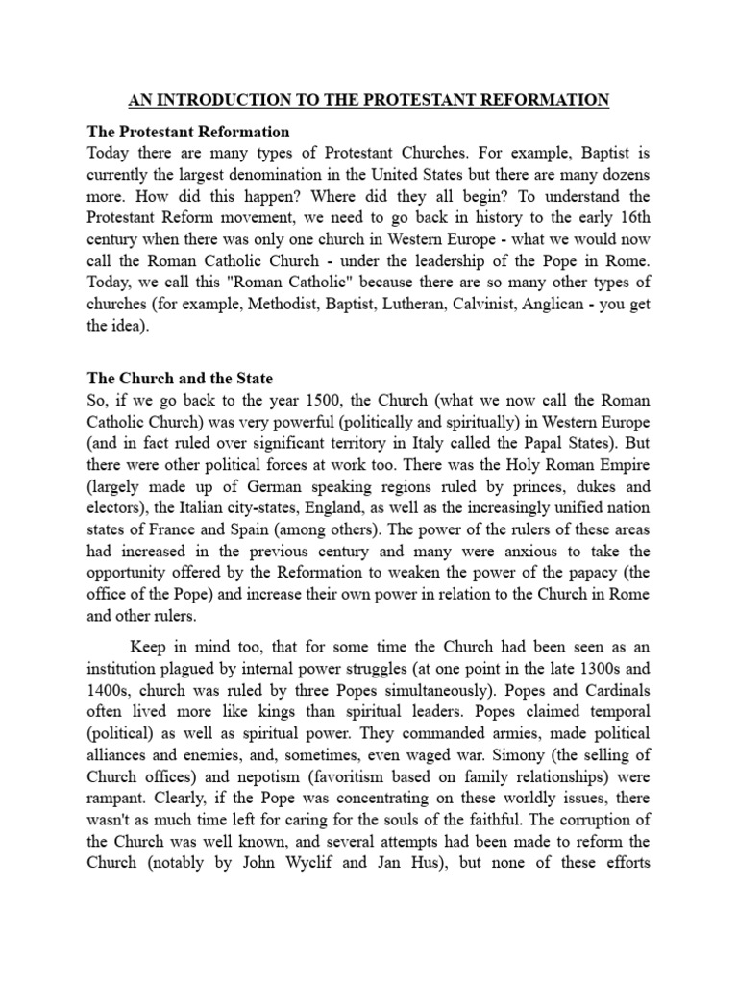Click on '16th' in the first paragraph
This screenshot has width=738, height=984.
[x=630, y=226]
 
